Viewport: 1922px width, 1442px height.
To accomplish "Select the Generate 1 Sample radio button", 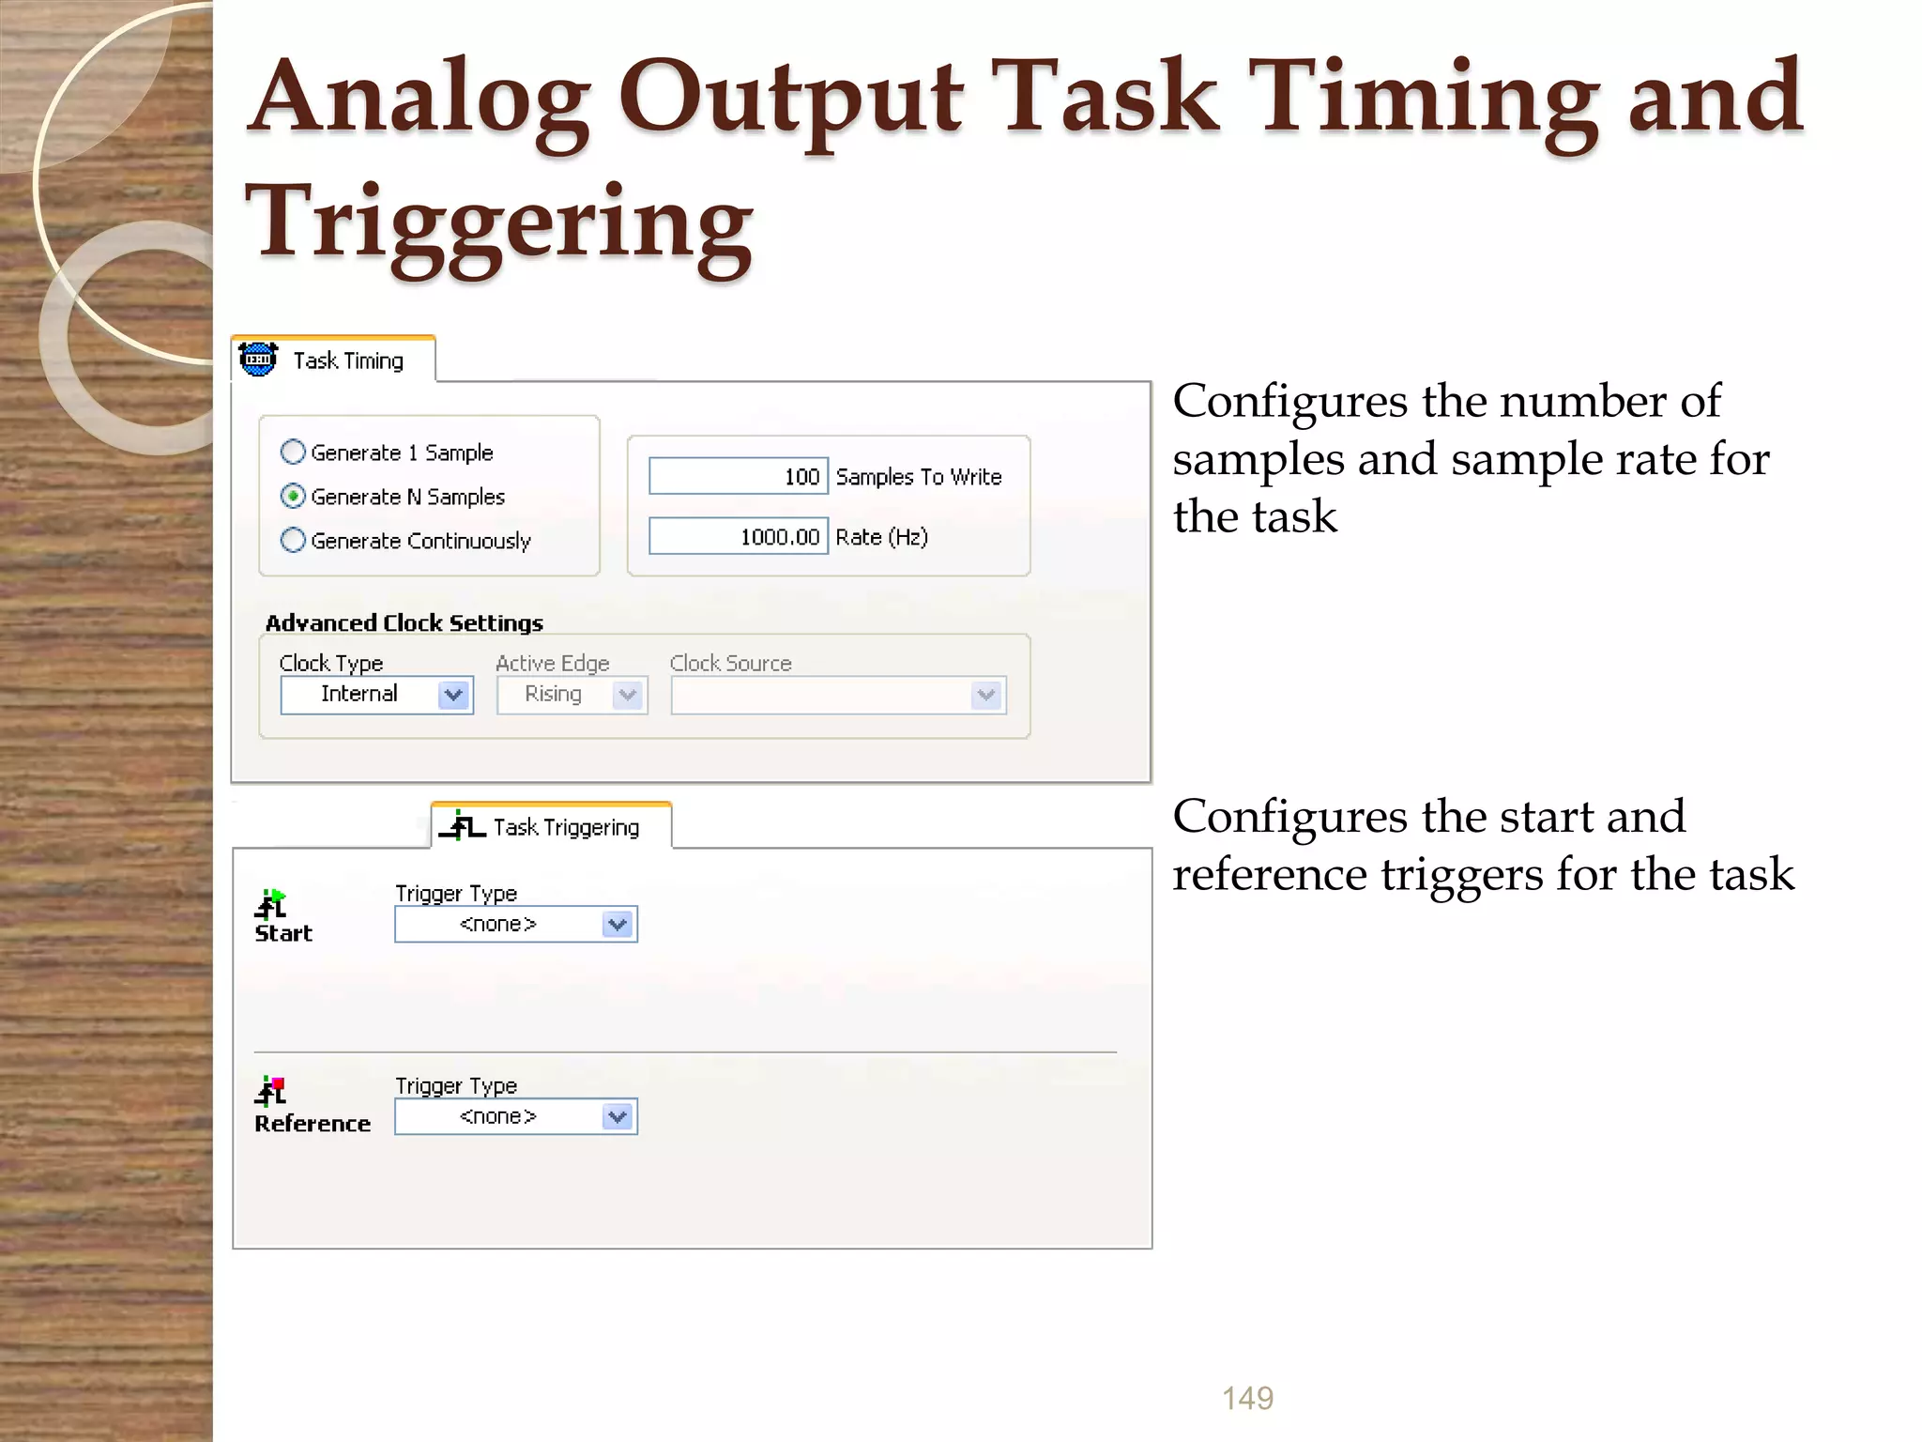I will coord(294,453).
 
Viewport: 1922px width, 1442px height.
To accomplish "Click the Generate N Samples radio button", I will coord(294,496).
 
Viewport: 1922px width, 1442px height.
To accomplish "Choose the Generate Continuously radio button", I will coord(294,540).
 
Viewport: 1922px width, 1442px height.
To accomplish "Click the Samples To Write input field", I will coord(738,477).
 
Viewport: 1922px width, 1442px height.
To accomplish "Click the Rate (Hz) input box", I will coord(738,536).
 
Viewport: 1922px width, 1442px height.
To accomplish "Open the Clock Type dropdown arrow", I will coord(454,695).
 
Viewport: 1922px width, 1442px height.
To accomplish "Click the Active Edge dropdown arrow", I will coord(628,696).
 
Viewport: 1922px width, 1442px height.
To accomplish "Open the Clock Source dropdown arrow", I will coord(986,696).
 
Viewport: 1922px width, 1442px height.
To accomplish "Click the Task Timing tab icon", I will coord(258,360).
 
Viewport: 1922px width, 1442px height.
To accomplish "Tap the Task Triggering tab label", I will coord(566,827).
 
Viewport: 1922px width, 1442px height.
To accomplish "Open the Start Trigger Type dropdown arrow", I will coord(618,925).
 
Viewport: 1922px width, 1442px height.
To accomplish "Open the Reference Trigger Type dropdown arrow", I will coord(618,1117).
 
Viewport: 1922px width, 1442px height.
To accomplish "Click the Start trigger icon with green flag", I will coord(271,904).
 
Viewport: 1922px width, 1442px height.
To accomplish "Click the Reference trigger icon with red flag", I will coord(271,1090).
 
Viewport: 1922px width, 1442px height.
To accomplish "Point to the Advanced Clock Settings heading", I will coord(404,623).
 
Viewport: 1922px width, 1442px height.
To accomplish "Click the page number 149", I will coord(1247,1398).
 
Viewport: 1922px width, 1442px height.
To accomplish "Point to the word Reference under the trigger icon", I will coord(313,1124).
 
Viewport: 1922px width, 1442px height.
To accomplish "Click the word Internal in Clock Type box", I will coord(359,694).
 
